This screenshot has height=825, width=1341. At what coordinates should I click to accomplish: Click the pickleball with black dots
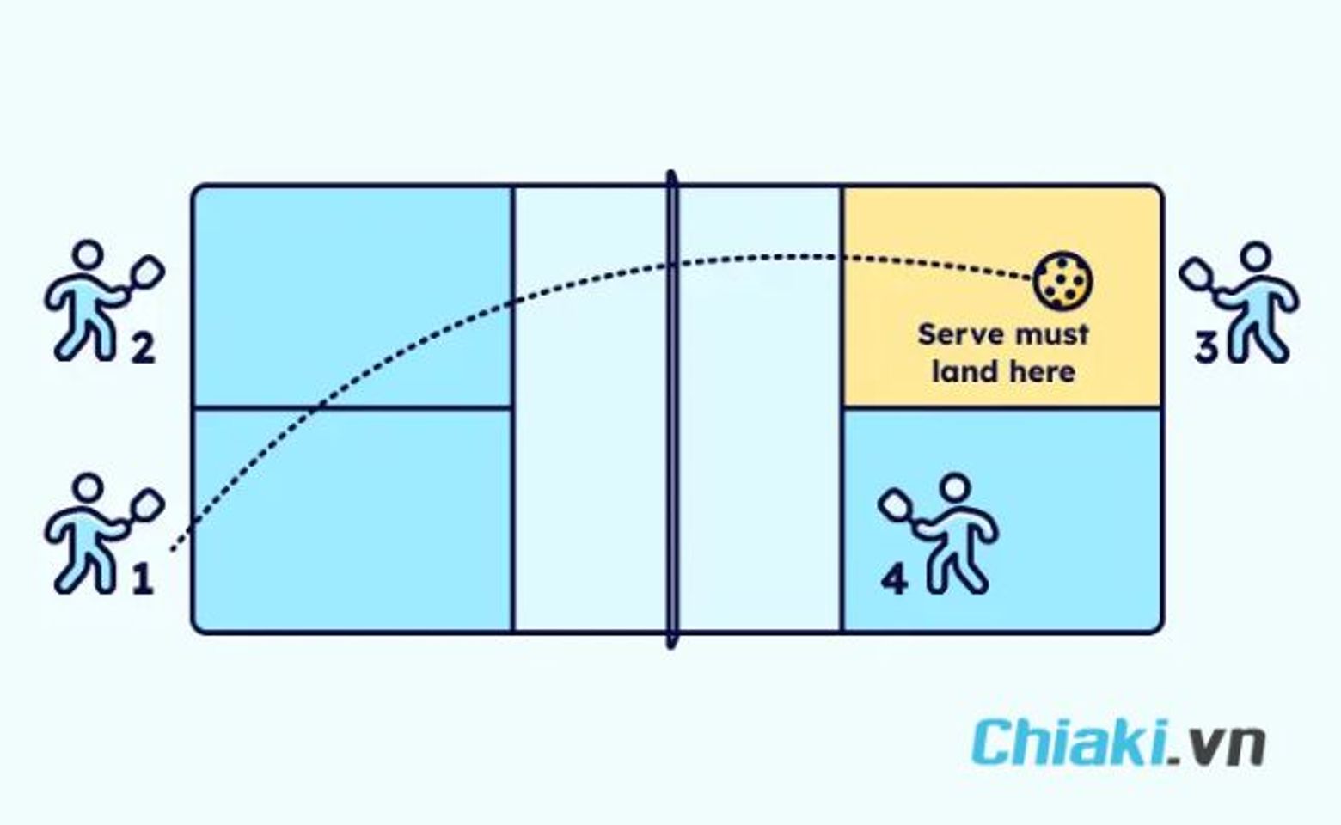1062,280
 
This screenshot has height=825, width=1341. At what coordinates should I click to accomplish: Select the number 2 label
143,348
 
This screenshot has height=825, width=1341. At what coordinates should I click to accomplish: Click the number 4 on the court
894,579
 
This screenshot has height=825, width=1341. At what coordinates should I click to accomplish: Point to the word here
1042,371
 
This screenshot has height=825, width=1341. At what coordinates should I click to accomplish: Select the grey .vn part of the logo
1217,747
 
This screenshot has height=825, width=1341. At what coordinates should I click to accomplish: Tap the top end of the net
671,174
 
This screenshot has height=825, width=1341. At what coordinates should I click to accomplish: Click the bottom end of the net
671,645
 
